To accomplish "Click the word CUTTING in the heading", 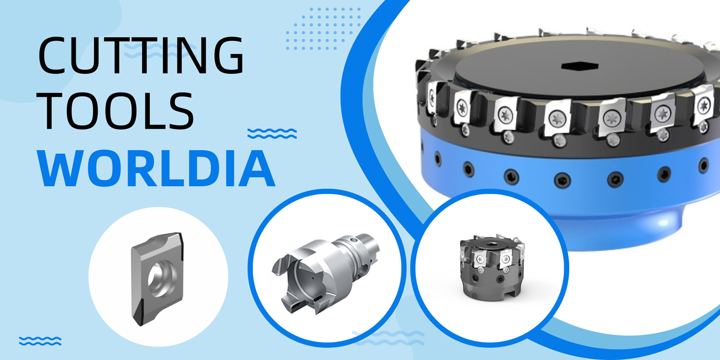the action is [141, 56].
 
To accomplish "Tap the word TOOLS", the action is [116, 111].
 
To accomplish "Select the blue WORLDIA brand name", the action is [156, 168].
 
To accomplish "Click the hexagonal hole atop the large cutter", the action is [580, 66].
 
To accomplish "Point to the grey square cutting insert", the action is [157, 278].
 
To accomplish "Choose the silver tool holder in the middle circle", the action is [325, 273].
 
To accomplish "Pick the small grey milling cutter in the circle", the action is [492, 267].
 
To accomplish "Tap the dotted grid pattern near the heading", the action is [323, 29].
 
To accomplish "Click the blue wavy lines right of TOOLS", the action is [272, 133].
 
